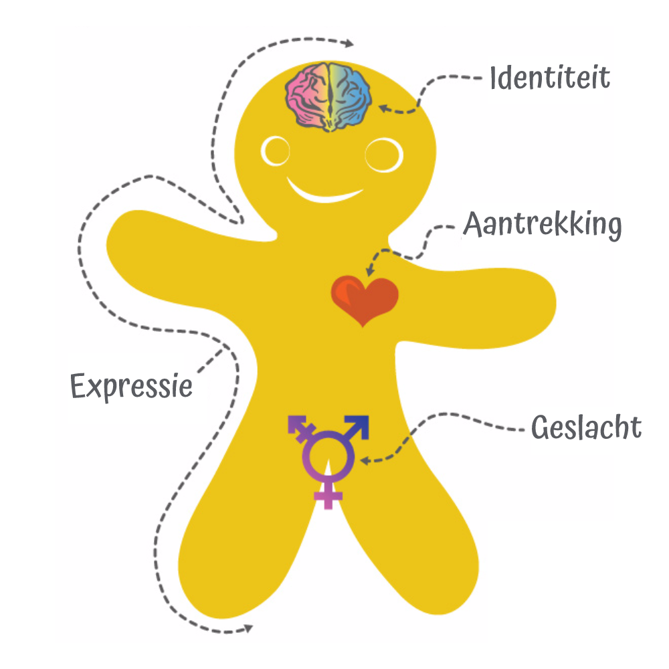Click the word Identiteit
[550, 78]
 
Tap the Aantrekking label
[543, 225]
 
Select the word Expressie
[132, 386]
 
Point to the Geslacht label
[586, 427]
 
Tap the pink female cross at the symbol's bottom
[328, 495]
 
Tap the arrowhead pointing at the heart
[369, 271]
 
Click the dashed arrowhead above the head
[349, 43]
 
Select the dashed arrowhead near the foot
[250, 627]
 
